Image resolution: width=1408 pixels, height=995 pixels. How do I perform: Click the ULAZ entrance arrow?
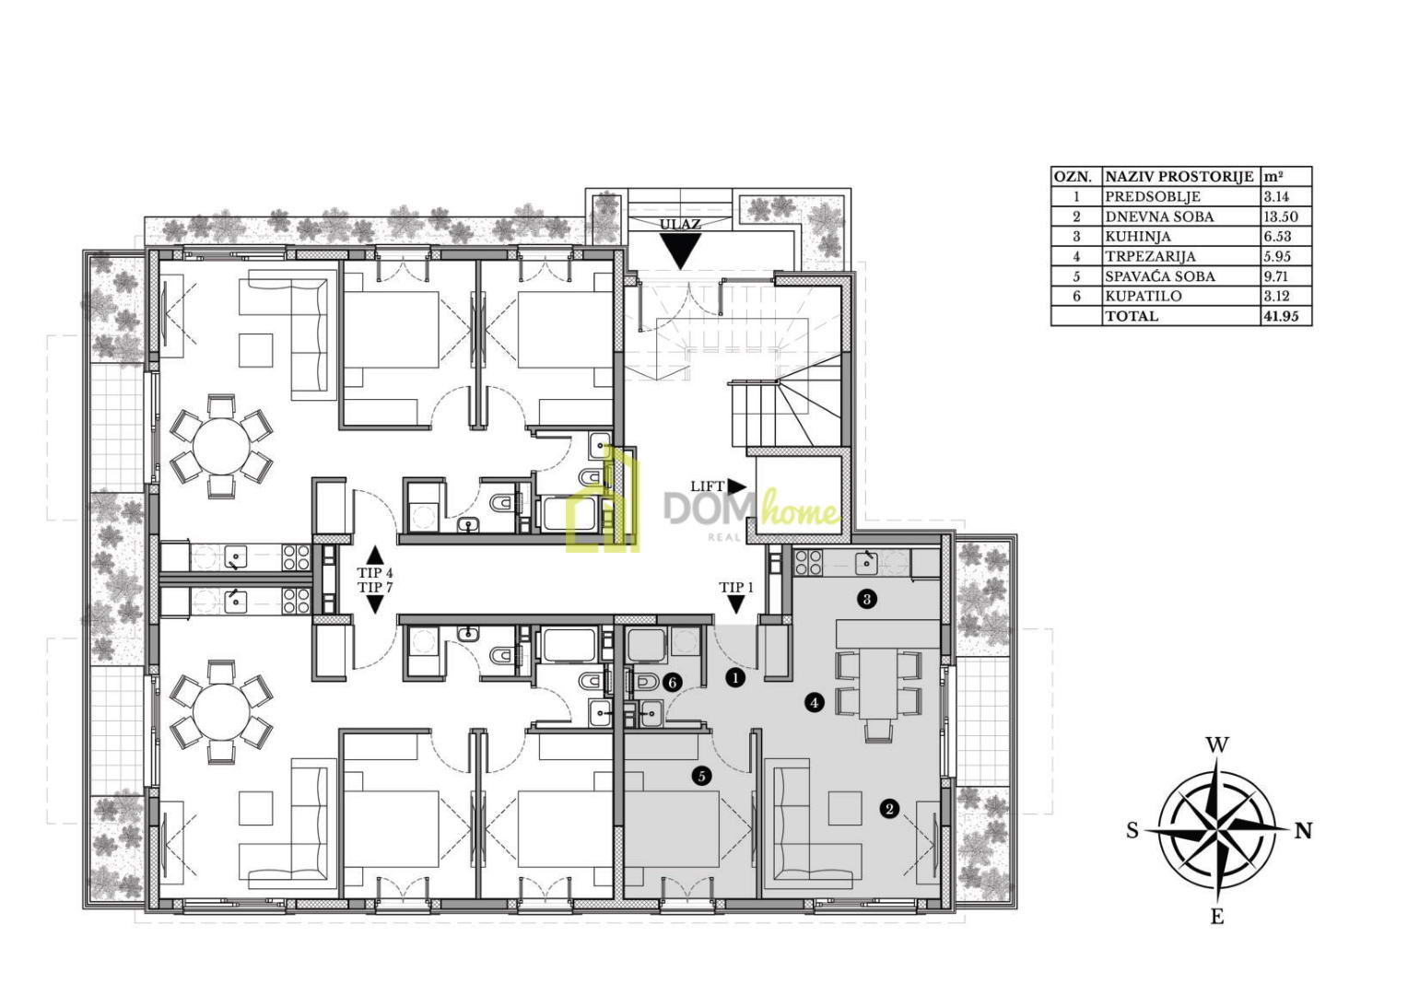tap(680, 251)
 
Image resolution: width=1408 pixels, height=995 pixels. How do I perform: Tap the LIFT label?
tap(707, 486)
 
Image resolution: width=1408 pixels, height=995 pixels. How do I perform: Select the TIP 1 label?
tap(736, 587)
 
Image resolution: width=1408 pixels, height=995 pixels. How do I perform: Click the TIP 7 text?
tap(375, 587)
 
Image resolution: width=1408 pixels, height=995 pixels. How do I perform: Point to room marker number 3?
tap(867, 599)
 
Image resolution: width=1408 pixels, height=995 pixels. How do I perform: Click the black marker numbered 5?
tap(701, 777)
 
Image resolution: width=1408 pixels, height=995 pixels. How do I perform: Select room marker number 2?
tap(889, 808)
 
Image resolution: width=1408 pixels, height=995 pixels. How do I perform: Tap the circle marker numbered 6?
tap(673, 683)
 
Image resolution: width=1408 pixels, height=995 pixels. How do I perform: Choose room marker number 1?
tap(734, 677)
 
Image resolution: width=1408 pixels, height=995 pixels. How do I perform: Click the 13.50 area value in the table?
tap(1281, 217)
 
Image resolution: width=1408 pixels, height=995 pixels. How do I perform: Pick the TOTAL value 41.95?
tap(1281, 316)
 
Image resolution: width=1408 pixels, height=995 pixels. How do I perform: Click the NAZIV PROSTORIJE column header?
tap(1179, 177)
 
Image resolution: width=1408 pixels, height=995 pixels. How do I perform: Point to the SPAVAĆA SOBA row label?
tap(1160, 276)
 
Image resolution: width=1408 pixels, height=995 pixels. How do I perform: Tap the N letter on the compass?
tap(1304, 832)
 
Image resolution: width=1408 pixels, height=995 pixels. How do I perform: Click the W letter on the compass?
tap(1217, 745)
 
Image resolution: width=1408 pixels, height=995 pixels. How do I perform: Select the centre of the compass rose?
tap(1217, 831)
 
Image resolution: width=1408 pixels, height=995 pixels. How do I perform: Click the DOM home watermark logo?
tap(703, 505)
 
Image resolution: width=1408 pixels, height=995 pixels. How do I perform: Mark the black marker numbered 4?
tap(815, 702)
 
